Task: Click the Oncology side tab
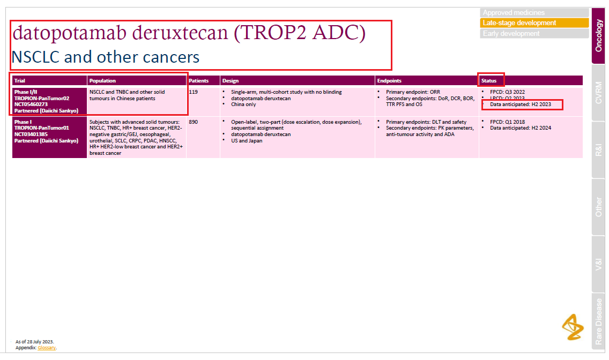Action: (599, 36)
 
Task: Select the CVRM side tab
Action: (599, 93)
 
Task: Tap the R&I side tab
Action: (599, 150)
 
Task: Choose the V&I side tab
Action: (599, 264)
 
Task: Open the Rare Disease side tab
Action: (599, 322)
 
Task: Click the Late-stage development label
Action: (534, 23)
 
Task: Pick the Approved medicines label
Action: (534, 12)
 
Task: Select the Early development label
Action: (534, 34)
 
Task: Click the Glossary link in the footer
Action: (47, 348)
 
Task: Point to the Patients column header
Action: (199, 81)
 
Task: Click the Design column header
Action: (231, 81)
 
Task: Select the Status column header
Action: (489, 81)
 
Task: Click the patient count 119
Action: (194, 92)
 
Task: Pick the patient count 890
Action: (194, 122)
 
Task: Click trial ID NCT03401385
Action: (31, 134)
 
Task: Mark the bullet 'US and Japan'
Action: (247, 141)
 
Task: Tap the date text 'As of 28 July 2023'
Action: (35, 342)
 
